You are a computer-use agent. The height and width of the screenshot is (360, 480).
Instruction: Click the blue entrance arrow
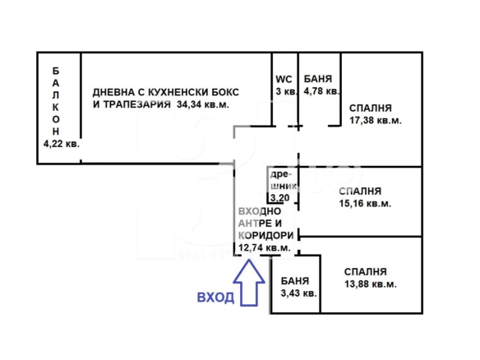[x=249, y=282]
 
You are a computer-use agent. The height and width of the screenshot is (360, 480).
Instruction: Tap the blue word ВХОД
[x=215, y=298]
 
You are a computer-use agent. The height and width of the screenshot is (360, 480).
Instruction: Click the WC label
[x=284, y=79]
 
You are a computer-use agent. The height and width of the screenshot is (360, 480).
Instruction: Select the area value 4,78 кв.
[x=321, y=91]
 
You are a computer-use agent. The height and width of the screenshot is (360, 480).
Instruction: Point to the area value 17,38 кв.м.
[x=376, y=120]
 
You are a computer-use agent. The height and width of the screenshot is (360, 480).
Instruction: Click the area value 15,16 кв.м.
[x=365, y=203]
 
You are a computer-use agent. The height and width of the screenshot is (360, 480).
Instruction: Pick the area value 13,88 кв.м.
[x=371, y=284]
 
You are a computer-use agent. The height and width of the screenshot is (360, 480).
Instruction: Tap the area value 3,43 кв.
[x=299, y=293]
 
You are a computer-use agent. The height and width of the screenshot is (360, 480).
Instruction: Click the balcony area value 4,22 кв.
[x=62, y=144]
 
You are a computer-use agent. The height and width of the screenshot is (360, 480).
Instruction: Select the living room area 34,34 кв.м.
[x=203, y=104]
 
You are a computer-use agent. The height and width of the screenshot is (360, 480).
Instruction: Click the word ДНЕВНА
[x=113, y=92]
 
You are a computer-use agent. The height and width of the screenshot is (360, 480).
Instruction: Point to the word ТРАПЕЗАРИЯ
[x=136, y=104]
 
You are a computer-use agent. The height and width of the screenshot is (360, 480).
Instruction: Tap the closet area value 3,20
[x=279, y=198]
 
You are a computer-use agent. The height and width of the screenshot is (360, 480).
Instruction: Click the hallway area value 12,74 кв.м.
[x=264, y=247]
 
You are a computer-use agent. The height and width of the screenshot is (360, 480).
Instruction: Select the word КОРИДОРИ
[x=266, y=235]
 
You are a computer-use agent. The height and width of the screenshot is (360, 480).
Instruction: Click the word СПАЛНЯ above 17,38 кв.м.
[x=371, y=108]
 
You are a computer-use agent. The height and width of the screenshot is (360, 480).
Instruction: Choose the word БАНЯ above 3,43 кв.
[x=295, y=281]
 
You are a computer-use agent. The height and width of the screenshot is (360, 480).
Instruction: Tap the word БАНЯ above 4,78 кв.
[x=318, y=79]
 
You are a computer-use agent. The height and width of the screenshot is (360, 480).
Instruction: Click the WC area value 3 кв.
[x=286, y=91]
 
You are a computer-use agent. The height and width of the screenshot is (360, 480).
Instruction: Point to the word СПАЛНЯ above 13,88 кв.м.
[x=366, y=272]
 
